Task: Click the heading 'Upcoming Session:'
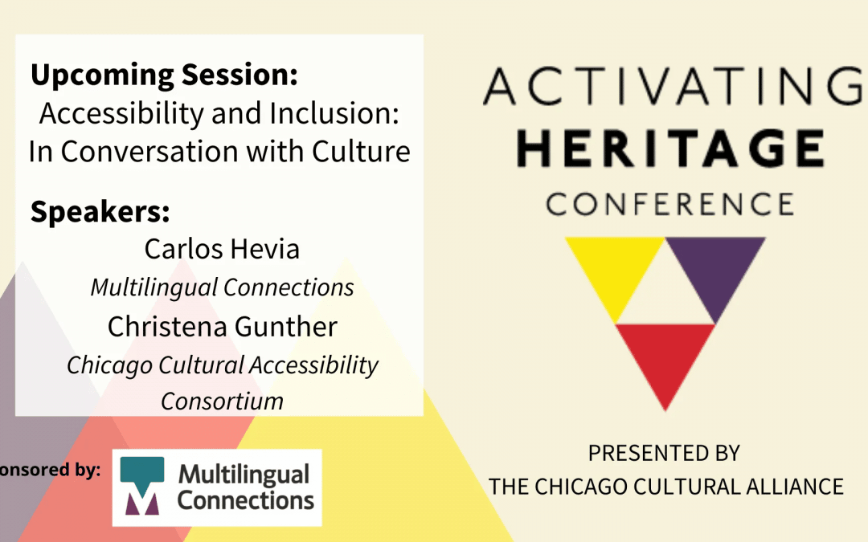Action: click(x=165, y=75)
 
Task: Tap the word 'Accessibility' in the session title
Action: click(x=122, y=115)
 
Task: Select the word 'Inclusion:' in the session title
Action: click(x=334, y=113)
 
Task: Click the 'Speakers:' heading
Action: click(x=100, y=211)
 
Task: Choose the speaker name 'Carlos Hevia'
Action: click(x=222, y=249)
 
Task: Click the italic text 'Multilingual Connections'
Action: click(x=222, y=287)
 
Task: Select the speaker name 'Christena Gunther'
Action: click(x=222, y=326)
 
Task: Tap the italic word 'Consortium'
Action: click(x=222, y=401)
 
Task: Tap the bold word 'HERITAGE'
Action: click(x=671, y=149)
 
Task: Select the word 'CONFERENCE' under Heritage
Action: click(x=670, y=204)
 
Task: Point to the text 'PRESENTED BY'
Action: click(x=665, y=454)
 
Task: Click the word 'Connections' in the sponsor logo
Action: click(x=246, y=501)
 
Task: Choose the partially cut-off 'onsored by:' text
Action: click(x=51, y=470)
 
